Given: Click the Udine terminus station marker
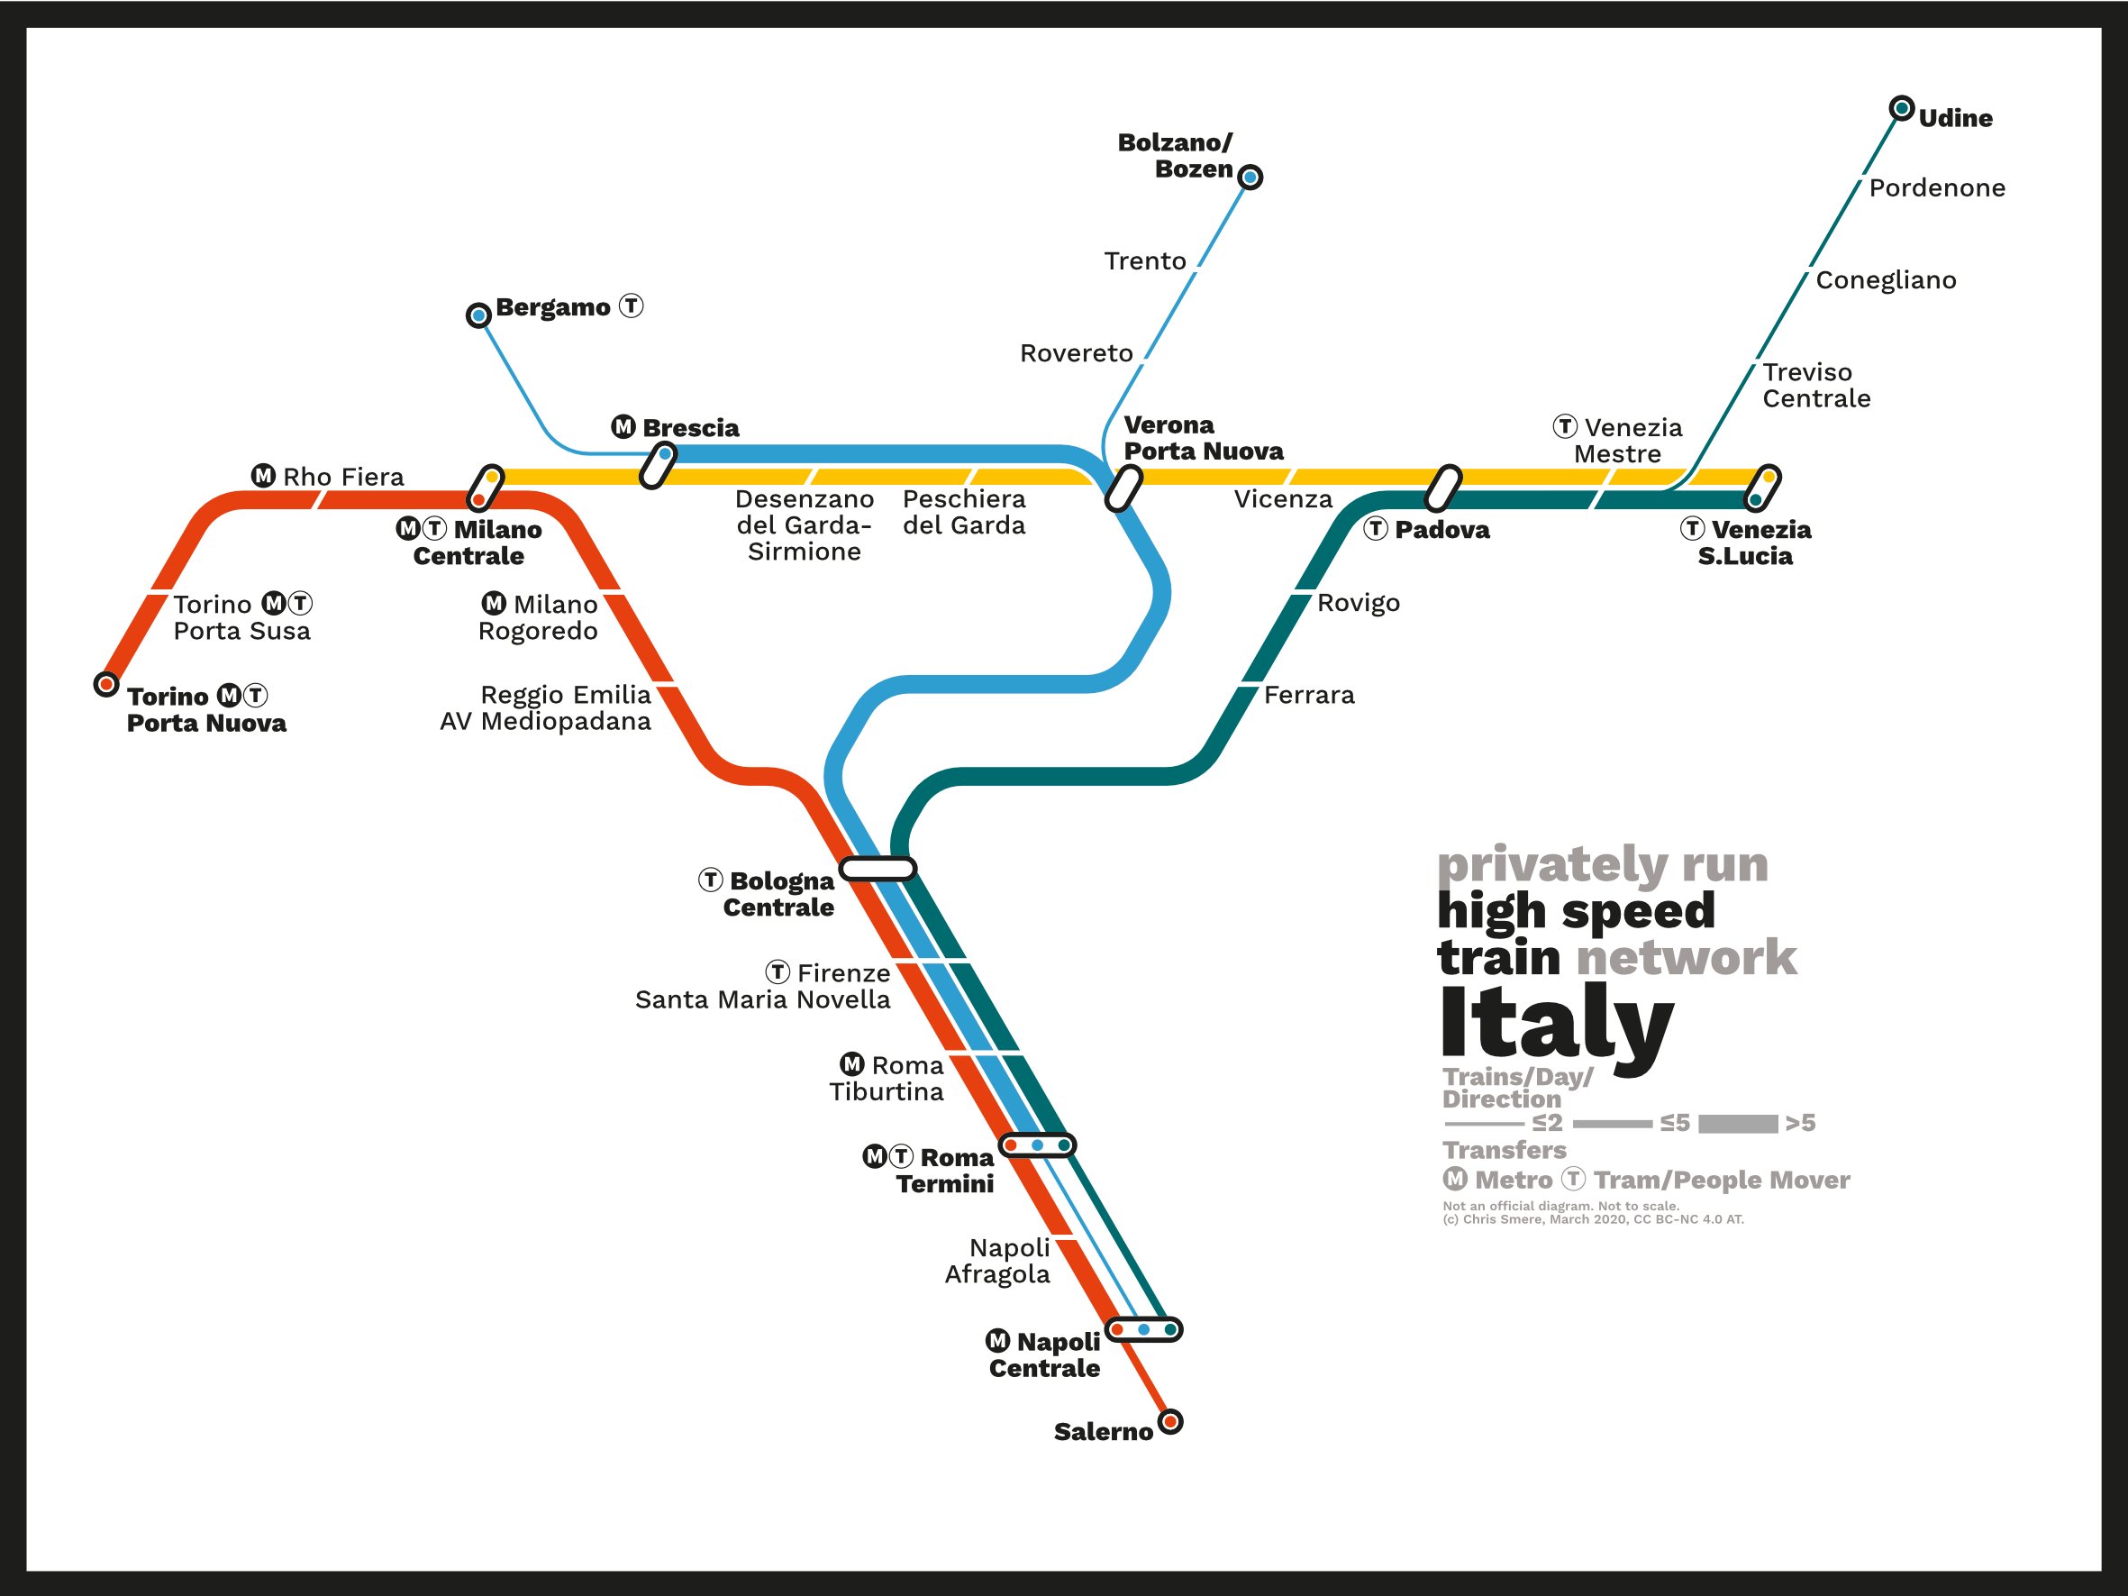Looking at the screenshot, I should click(1901, 109).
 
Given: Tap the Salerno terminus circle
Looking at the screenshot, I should click(1169, 1422).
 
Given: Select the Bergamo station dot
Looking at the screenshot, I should click(478, 315).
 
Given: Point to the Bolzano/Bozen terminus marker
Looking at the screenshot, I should click(1250, 177).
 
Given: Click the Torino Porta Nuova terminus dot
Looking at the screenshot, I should click(105, 684).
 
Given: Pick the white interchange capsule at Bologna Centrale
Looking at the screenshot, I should click(878, 870).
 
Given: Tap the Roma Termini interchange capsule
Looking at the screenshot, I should click(1036, 1145).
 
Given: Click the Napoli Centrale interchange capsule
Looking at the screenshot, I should click(1143, 1329).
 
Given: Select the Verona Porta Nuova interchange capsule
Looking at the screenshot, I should click(1123, 488).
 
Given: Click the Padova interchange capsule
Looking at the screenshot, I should click(1442, 488).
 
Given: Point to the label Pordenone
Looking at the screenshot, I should click(1937, 188).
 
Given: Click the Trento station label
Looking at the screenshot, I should click(1145, 261).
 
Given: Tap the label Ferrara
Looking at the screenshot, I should click(1308, 696).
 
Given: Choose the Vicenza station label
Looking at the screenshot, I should click(1282, 499).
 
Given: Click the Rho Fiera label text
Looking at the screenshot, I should click(342, 477).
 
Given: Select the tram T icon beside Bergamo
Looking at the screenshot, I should click(631, 306).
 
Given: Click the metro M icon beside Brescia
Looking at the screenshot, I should click(623, 426).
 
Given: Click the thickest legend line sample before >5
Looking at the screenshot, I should click(1737, 1124).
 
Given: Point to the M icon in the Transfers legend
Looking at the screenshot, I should click(1456, 1179).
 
